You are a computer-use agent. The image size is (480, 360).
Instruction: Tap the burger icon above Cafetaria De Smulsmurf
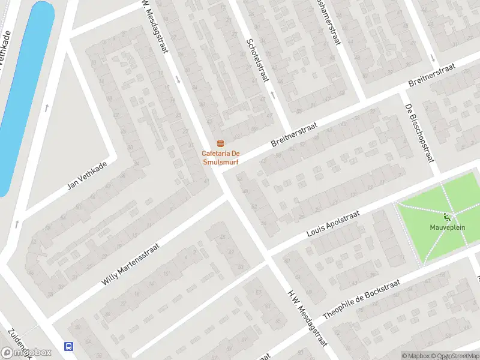pos(220,143)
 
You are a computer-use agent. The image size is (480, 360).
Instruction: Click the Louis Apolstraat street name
pos(332,223)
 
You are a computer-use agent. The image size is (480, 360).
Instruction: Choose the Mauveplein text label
pos(447,227)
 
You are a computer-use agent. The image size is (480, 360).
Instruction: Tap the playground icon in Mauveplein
pos(447,218)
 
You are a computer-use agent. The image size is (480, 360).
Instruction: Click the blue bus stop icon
pos(70,346)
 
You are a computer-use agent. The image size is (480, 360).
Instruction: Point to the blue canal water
pos(24,90)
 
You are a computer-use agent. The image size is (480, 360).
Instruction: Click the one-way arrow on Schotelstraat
pos(272,94)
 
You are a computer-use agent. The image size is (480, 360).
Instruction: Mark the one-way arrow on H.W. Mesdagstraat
pos(178,79)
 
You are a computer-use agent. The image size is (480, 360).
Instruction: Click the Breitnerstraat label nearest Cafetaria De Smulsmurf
pos(294,133)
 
